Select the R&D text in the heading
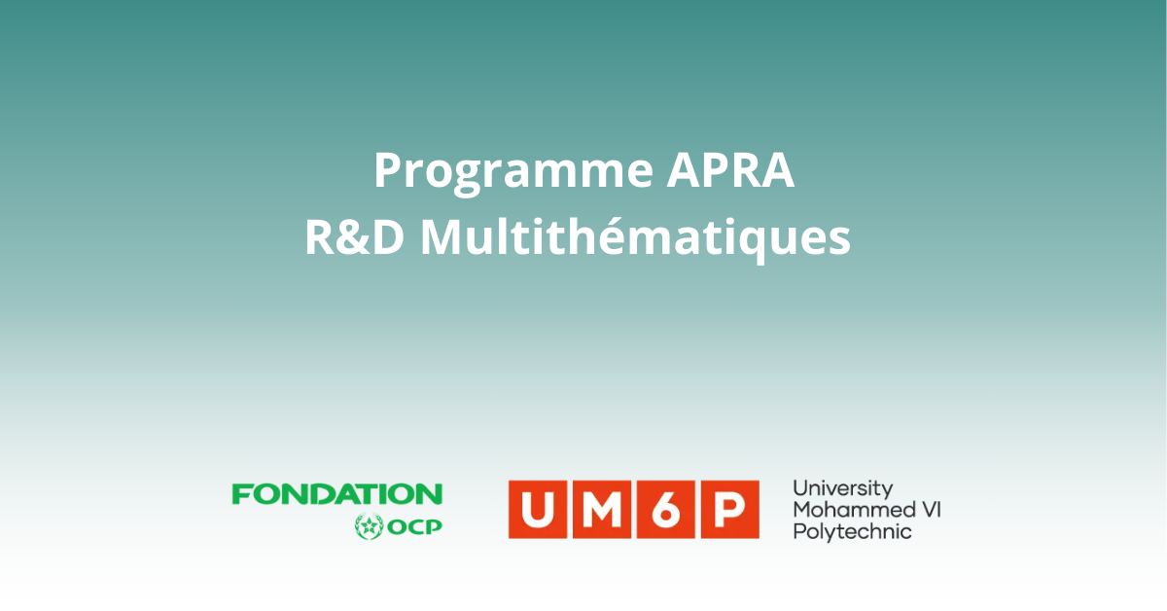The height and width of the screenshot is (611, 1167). (x=355, y=237)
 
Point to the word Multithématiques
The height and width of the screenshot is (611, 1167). (x=636, y=238)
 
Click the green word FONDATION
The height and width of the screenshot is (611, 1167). (x=337, y=493)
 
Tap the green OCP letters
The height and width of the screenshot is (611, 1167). (x=414, y=527)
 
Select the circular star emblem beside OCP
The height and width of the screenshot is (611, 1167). (x=370, y=526)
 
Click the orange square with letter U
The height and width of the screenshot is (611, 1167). (x=537, y=510)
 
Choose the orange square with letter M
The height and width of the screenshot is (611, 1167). (x=602, y=510)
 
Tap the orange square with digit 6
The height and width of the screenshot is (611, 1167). (x=666, y=510)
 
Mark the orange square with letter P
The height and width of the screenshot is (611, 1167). (x=730, y=510)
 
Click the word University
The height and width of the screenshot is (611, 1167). (x=843, y=489)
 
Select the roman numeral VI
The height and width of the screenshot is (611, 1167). (x=931, y=510)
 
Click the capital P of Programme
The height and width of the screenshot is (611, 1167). (x=389, y=170)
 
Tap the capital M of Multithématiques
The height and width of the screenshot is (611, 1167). (x=442, y=237)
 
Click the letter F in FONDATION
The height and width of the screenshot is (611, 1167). (x=242, y=493)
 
